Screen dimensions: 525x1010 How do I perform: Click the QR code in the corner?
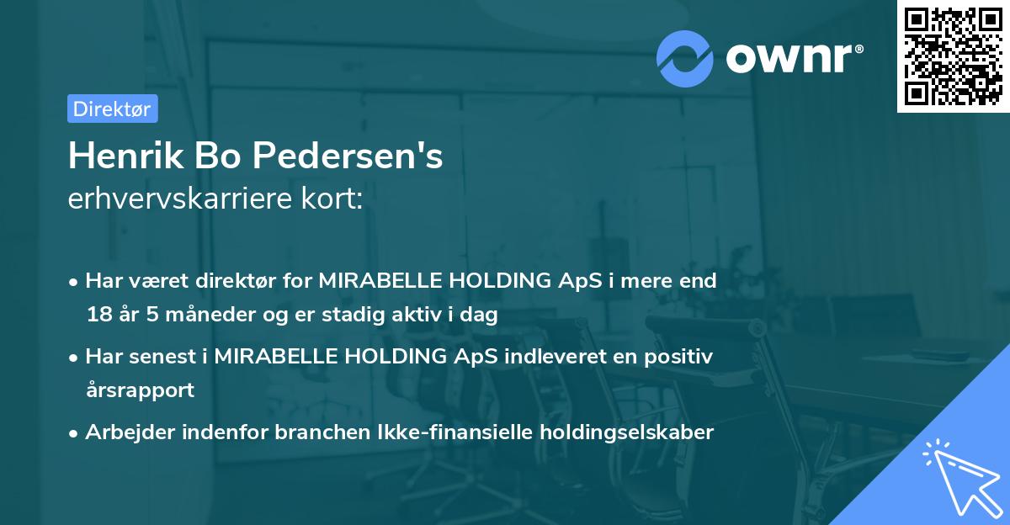click(953, 56)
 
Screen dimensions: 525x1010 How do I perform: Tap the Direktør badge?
click(112, 109)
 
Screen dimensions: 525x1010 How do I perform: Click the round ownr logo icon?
click(685, 58)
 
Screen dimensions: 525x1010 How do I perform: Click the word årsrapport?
click(140, 390)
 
